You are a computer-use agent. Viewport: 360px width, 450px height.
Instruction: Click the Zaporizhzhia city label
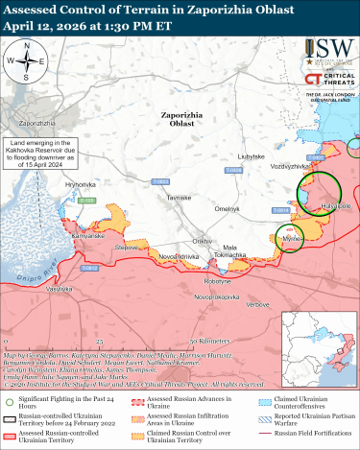tap(35, 125)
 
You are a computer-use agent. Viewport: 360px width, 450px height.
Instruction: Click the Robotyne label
tap(218, 281)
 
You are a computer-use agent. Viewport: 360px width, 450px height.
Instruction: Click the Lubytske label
tap(252, 155)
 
